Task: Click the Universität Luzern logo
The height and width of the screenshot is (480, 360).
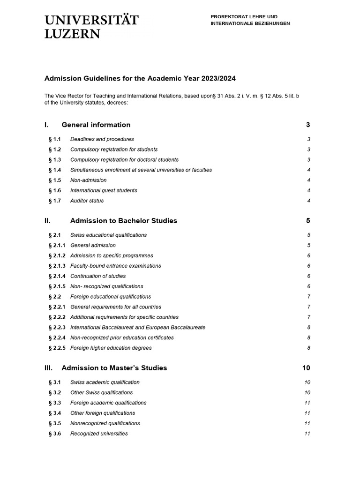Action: [x=91, y=26]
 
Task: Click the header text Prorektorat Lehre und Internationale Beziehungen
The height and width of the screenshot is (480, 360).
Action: [x=250, y=20]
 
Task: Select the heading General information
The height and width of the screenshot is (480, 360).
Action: [x=96, y=125]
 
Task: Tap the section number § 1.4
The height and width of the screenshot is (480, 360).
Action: [x=55, y=170]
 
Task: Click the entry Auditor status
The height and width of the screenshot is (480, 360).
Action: [x=87, y=201]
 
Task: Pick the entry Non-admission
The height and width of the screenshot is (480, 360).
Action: [x=88, y=180]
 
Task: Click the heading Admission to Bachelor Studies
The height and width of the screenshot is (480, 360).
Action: [x=123, y=220]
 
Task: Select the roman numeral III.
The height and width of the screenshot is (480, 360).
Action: [x=49, y=368]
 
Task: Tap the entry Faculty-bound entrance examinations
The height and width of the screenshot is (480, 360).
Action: [x=115, y=266]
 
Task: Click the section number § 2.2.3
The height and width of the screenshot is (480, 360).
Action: [x=57, y=327]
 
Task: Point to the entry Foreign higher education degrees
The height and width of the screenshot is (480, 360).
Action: [x=111, y=348]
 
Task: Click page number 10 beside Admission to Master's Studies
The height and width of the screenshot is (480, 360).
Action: [x=306, y=368]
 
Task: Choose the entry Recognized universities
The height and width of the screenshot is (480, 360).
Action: [x=99, y=434]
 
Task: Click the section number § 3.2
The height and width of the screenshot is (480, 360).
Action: [x=55, y=392]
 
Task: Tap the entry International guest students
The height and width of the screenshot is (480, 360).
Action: [x=104, y=190]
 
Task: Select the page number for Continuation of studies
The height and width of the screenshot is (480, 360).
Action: [x=308, y=276]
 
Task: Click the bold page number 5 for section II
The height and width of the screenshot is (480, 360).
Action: [x=308, y=220]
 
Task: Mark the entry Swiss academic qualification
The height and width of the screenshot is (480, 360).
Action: [x=105, y=382]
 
